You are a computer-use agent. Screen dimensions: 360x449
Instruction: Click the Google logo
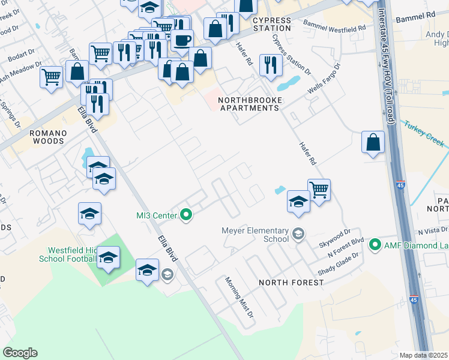click(20, 352)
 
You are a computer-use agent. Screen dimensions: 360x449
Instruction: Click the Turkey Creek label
click(424, 133)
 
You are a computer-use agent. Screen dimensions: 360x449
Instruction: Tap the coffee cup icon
click(182, 41)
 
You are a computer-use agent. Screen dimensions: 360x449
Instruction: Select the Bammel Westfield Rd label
click(335, 26)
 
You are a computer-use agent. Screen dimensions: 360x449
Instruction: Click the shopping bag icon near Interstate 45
click(373, 143)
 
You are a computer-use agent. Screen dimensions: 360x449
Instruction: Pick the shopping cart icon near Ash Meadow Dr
click(52, 77)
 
